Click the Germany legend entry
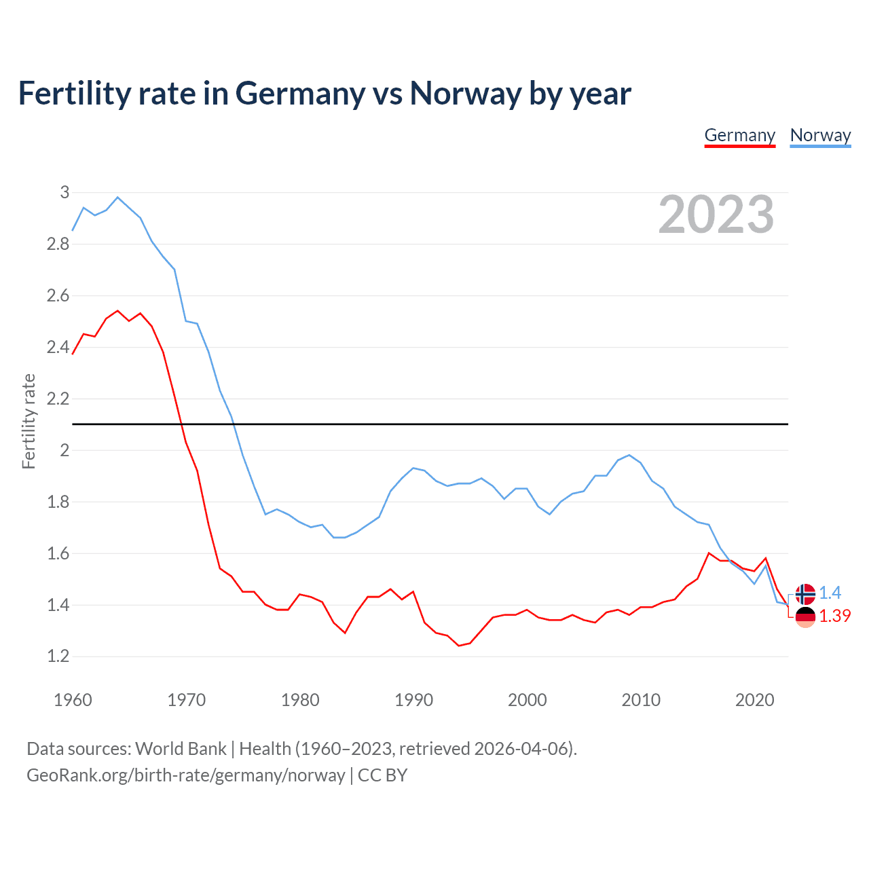pyautogui.click(x=739, y=135)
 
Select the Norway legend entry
pyautogui.click(x=820, y=135)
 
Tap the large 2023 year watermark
pyautogui.click(x=716, y=215)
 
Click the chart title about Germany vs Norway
pyautogui.click(x=325, y=93)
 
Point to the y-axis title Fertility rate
pyautogui.click(x=29, y=421)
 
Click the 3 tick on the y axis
pyautogui.click(x=65, y=193)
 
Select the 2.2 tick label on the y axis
pyautogui.click(x=58, y=399)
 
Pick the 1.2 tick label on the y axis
pyautogui.click(x=58, y=657)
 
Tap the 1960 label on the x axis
pyautogui.click(x=73, y=700)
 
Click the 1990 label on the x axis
pyautogui.click(x=413, y=700)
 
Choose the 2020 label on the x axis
pyautogui.click(x=754, y=700)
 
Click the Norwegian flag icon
pyautogui.click(x=805, y=594)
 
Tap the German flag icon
pyautogui.click(x=805, y=616)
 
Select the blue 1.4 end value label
pyautogui.click(x=830, y=593)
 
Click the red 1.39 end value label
pyautogui.click(x=834, y=616)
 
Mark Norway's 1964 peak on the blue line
pyautogui.click(x=117, y=198)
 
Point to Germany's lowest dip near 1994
pyautogui.click(x=459, y=645)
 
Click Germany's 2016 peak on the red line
pyautogui.click(x=709, y=553)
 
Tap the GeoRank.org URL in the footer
pyautogui.click(x=185, y=775)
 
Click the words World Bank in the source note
pyautogui.click(x=181, y=749)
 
